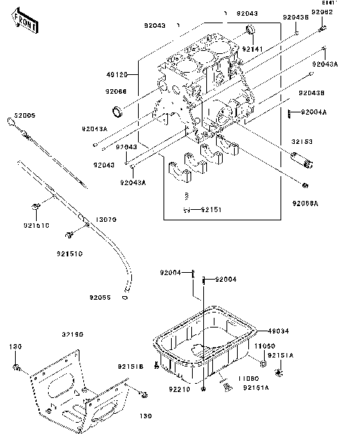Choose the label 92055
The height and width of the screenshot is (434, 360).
click(99, 298)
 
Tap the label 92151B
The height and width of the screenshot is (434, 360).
click(129, 367)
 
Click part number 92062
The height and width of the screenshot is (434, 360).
click(322, 13)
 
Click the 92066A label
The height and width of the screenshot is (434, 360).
click(306, 202)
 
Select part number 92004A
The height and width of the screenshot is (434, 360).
click(313, 112)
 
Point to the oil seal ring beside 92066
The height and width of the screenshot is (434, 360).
click(117, 112)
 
